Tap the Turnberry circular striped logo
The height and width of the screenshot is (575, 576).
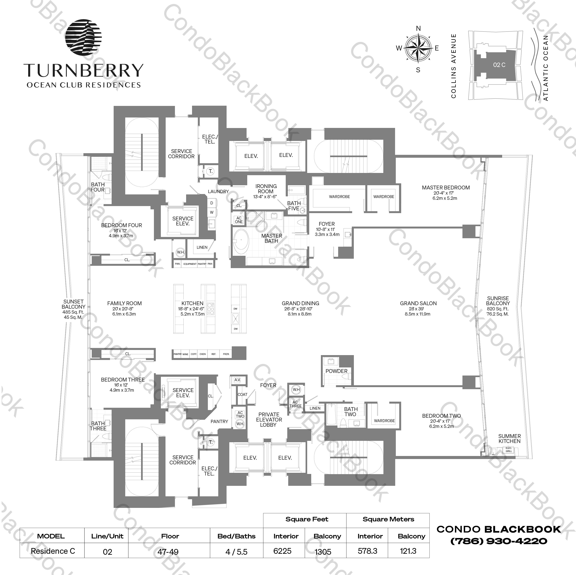(83, 38)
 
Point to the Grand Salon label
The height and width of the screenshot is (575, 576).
(418, 303)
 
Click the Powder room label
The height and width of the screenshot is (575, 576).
(336, 371)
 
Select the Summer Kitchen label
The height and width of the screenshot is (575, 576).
(509, 439)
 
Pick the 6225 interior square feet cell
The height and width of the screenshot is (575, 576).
(282, 551)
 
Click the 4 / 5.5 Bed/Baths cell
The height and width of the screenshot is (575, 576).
(236, 552)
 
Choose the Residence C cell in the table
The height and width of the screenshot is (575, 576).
(53, 551)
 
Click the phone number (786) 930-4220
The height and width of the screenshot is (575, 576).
(498, 541)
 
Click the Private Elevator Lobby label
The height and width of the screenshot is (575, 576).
(269, 419)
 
